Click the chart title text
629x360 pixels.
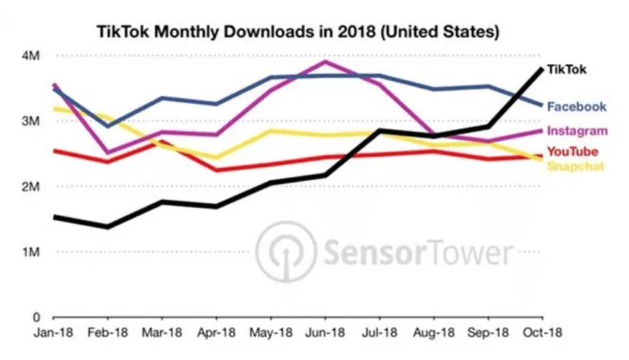(297, 32)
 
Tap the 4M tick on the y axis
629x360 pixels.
(31, 57)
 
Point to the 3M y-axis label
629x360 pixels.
(31, 121)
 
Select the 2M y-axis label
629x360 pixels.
(31, 187)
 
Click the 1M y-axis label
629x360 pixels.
(31, 252)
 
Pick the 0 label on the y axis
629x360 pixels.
(36, 318)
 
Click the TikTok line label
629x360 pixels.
(566, 69)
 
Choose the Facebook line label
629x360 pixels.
(577, 107)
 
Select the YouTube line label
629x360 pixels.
(572, 151)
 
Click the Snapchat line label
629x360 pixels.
(576, 166)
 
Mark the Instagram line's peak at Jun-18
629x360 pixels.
(325, 61)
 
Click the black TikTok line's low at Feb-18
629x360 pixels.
(108, 227)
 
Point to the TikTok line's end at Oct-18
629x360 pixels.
(542, 68)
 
